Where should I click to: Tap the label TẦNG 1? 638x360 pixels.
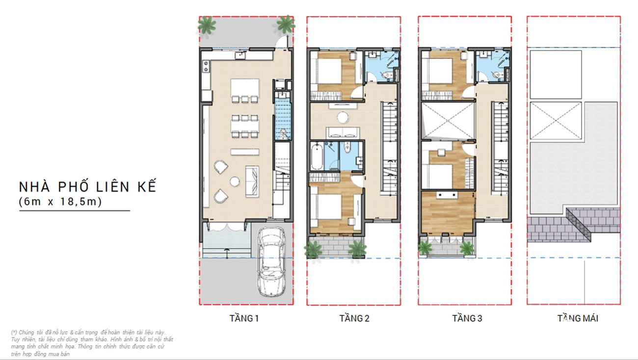pos(244,318)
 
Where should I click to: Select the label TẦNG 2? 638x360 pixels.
pos(354,318)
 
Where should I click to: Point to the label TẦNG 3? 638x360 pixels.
pos(467,318)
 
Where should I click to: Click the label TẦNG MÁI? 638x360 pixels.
pos(578,318)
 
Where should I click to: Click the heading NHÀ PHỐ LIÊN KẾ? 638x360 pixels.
pos(88,187)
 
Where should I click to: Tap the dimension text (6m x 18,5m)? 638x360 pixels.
pos(60,202)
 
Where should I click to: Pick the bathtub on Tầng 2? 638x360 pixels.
pos(317,157)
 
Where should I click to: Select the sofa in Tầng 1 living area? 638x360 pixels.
pos(252,181)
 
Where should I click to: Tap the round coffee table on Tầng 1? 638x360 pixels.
pos(235,181)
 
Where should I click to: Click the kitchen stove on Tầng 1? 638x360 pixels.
pos(206,66)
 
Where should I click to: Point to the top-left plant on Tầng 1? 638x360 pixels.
pos(207,25)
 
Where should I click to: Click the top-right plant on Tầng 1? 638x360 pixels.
pos(286,24)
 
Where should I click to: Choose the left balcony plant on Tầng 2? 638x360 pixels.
pos(313,250)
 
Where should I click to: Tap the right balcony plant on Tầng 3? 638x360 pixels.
pos(467,249)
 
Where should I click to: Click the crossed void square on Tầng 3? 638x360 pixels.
pos(448,121)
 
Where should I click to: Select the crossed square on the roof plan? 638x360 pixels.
pos(556,121)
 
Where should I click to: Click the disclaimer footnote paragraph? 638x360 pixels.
pos(92,343)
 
